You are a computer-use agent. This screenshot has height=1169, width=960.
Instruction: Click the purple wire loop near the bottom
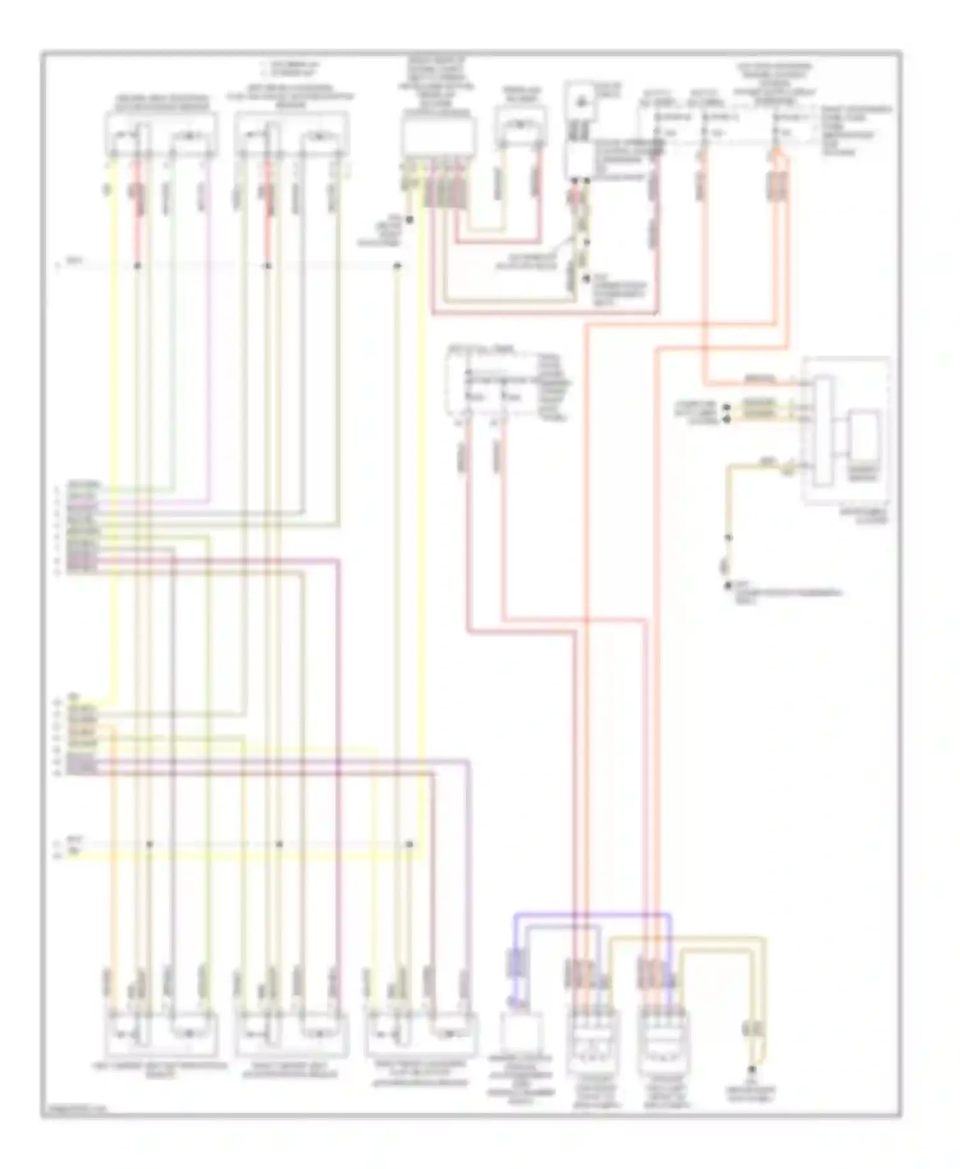tap(592, 916)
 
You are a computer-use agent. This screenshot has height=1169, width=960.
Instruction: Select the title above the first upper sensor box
tap(161, 102)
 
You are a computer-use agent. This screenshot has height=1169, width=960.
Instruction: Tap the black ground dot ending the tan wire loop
tap(752, 1069)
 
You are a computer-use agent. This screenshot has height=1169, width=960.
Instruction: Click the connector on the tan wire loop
tap(749, 1030)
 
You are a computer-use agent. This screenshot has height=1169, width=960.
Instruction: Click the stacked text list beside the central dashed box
tap(553, 386)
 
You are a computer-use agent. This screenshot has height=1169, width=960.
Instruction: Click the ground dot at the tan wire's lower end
tap(728, 586)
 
